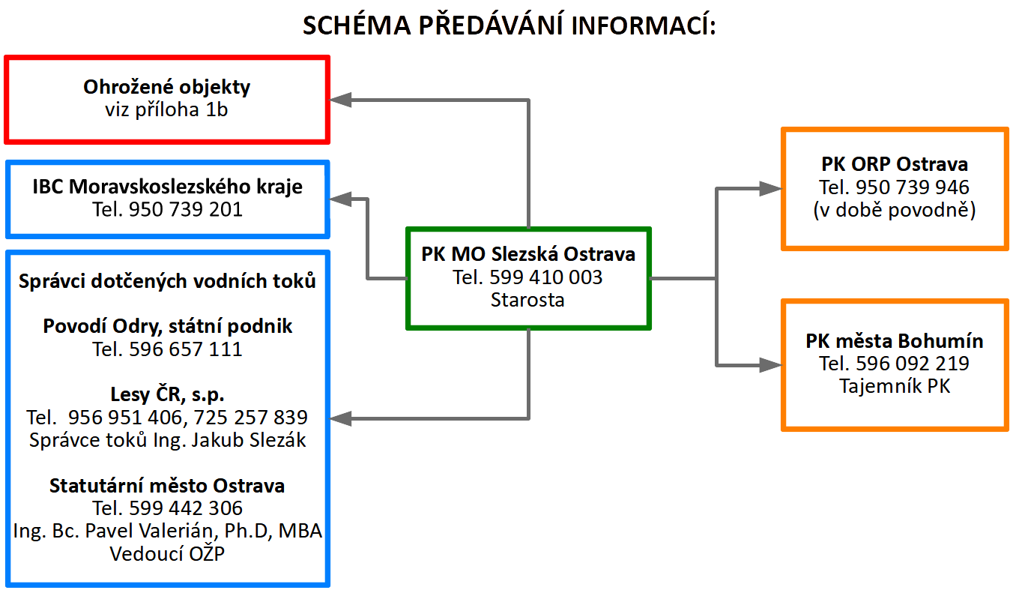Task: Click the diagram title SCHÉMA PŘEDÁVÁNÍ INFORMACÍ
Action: click(509, 25)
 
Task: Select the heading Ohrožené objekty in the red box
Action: click(166, 87)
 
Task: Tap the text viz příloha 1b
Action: click(166, 109)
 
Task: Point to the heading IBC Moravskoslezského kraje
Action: click(167, 186)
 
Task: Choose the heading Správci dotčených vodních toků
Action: click(167, 281)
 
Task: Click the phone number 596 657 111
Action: click(186, 349)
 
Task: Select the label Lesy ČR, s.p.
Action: click(167, 394)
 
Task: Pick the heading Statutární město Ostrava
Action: click(167, 486)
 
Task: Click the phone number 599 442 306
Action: click(186, 508)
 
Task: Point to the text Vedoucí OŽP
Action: click(167, 554)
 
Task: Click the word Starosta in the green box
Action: click(527, 301)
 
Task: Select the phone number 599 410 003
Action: click(545, 278)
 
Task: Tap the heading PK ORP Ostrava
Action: click(895, 164)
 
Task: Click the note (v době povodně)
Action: click(895, 211)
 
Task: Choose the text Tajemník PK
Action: click(895, 387)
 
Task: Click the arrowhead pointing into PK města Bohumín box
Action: click(771, 365)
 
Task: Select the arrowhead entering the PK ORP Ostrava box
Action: click(771, 188)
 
